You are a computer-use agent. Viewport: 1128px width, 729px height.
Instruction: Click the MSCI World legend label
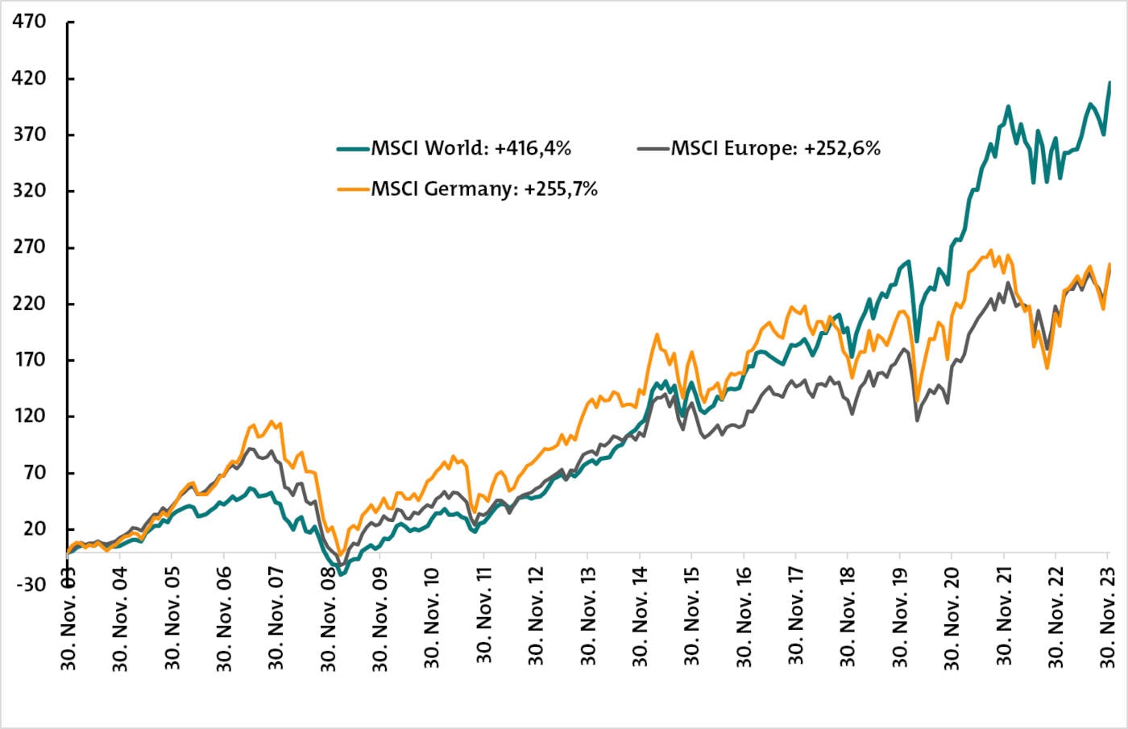point(471,148)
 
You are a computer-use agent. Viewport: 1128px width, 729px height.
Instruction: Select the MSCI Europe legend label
point(775,148)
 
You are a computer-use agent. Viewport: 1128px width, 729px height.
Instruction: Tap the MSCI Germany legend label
point(484,189)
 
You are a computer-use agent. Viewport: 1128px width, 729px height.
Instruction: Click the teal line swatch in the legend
point(353,149)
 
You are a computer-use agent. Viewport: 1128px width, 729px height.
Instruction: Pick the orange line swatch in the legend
point(353,190)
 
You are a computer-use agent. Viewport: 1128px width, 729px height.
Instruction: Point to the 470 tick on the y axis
point(29,22)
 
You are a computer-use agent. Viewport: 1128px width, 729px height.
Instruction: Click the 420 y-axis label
point(29,78)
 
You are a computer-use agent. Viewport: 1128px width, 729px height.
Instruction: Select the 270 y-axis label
point(29,247)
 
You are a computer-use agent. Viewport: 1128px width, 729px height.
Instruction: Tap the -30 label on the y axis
point(29,585)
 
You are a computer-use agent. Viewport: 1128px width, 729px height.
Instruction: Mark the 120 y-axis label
point(29,416)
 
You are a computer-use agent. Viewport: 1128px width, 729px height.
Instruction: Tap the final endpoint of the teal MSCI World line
point(1109,82)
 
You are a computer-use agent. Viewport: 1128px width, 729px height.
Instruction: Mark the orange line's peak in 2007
point(271,421)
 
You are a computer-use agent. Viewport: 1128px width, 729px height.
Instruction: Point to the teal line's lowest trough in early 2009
point(341,574)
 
